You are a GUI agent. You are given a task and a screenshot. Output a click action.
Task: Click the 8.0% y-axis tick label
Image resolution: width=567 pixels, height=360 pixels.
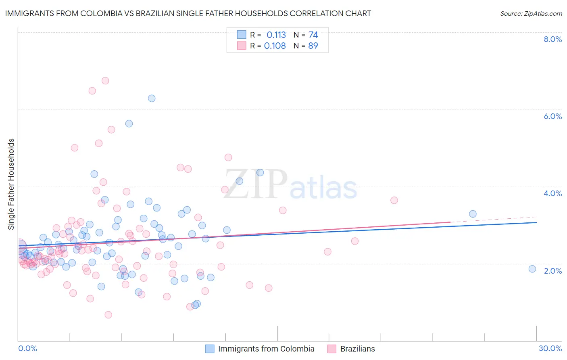[552, 39]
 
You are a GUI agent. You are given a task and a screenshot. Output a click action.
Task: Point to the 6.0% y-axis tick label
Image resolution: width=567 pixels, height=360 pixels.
[552, 116]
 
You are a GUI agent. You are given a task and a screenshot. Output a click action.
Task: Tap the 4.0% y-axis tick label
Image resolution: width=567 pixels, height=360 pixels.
[552, 193]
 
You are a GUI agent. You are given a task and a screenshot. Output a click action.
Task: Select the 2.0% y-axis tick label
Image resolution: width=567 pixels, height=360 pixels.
[552, 271]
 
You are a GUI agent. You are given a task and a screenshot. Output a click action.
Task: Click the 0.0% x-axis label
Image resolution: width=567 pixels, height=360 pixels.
[27, 348]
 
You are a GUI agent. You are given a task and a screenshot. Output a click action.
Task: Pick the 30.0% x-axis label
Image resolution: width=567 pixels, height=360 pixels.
[550, 348]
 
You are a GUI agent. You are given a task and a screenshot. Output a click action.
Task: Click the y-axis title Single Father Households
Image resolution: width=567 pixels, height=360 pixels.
[11, 184]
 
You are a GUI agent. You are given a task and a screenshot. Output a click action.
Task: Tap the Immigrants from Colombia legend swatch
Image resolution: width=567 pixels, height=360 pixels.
[210, 349]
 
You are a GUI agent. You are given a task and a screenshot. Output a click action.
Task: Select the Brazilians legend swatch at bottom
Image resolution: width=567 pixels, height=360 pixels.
[332, 349]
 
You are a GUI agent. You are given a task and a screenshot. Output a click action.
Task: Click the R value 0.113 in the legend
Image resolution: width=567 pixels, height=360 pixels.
[276, 35]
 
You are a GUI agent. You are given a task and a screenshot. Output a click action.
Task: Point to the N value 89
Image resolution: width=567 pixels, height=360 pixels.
[313, 46]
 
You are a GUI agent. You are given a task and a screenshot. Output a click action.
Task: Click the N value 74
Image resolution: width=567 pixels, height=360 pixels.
[313, 35]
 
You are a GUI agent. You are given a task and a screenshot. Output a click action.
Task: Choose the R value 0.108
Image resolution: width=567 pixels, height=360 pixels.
[275, 46]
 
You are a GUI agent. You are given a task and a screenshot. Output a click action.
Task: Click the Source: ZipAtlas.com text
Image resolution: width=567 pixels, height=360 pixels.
[531, 14]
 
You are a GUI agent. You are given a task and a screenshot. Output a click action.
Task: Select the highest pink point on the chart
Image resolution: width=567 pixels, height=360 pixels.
[105, 81]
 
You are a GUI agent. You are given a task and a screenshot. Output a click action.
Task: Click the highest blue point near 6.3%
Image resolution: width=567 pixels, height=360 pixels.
[152, 98]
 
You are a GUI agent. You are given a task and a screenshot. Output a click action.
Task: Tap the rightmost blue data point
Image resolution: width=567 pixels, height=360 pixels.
[532, 269]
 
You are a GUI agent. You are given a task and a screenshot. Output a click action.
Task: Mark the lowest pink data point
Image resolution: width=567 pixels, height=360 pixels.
[108, 315]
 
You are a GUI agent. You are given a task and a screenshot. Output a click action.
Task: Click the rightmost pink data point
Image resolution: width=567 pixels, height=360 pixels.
[394, 200]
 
